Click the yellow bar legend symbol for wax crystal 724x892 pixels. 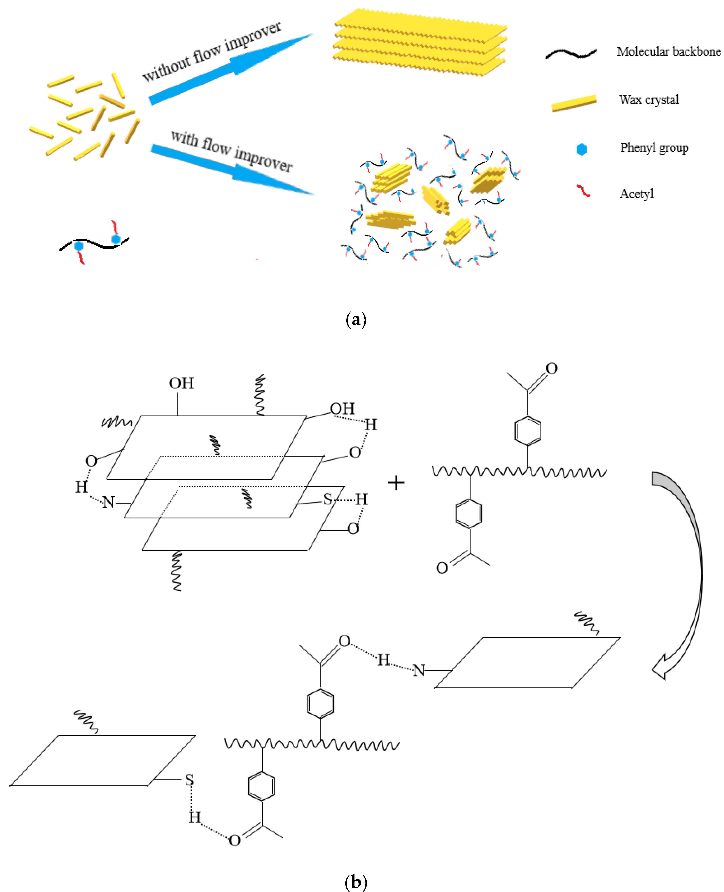[574, 103]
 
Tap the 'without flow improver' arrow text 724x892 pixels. [211, 51]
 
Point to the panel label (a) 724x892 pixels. [356, 320]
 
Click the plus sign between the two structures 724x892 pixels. [396, 483]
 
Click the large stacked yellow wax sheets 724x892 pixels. [419, 42]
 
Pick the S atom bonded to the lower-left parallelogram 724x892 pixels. [189, 779]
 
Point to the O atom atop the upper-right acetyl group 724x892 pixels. [551, 368]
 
